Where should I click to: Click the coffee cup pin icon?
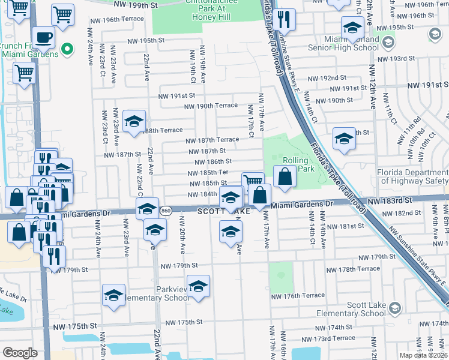pyautogui.click(x=43, y=38)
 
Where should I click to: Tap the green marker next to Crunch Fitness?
pyautogui.click(x=68, y=49)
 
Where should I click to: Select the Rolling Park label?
pyautogui.click(x=295, y=164)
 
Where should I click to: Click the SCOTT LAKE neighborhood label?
pyautogui.click(x=225, y=211)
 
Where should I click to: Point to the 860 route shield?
pyautogui.click(x=167, y=211)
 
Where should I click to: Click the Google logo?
pyautogui.click(x=20, y=352)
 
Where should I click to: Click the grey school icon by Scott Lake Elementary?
pyautogui.click(x=394, y=308)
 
